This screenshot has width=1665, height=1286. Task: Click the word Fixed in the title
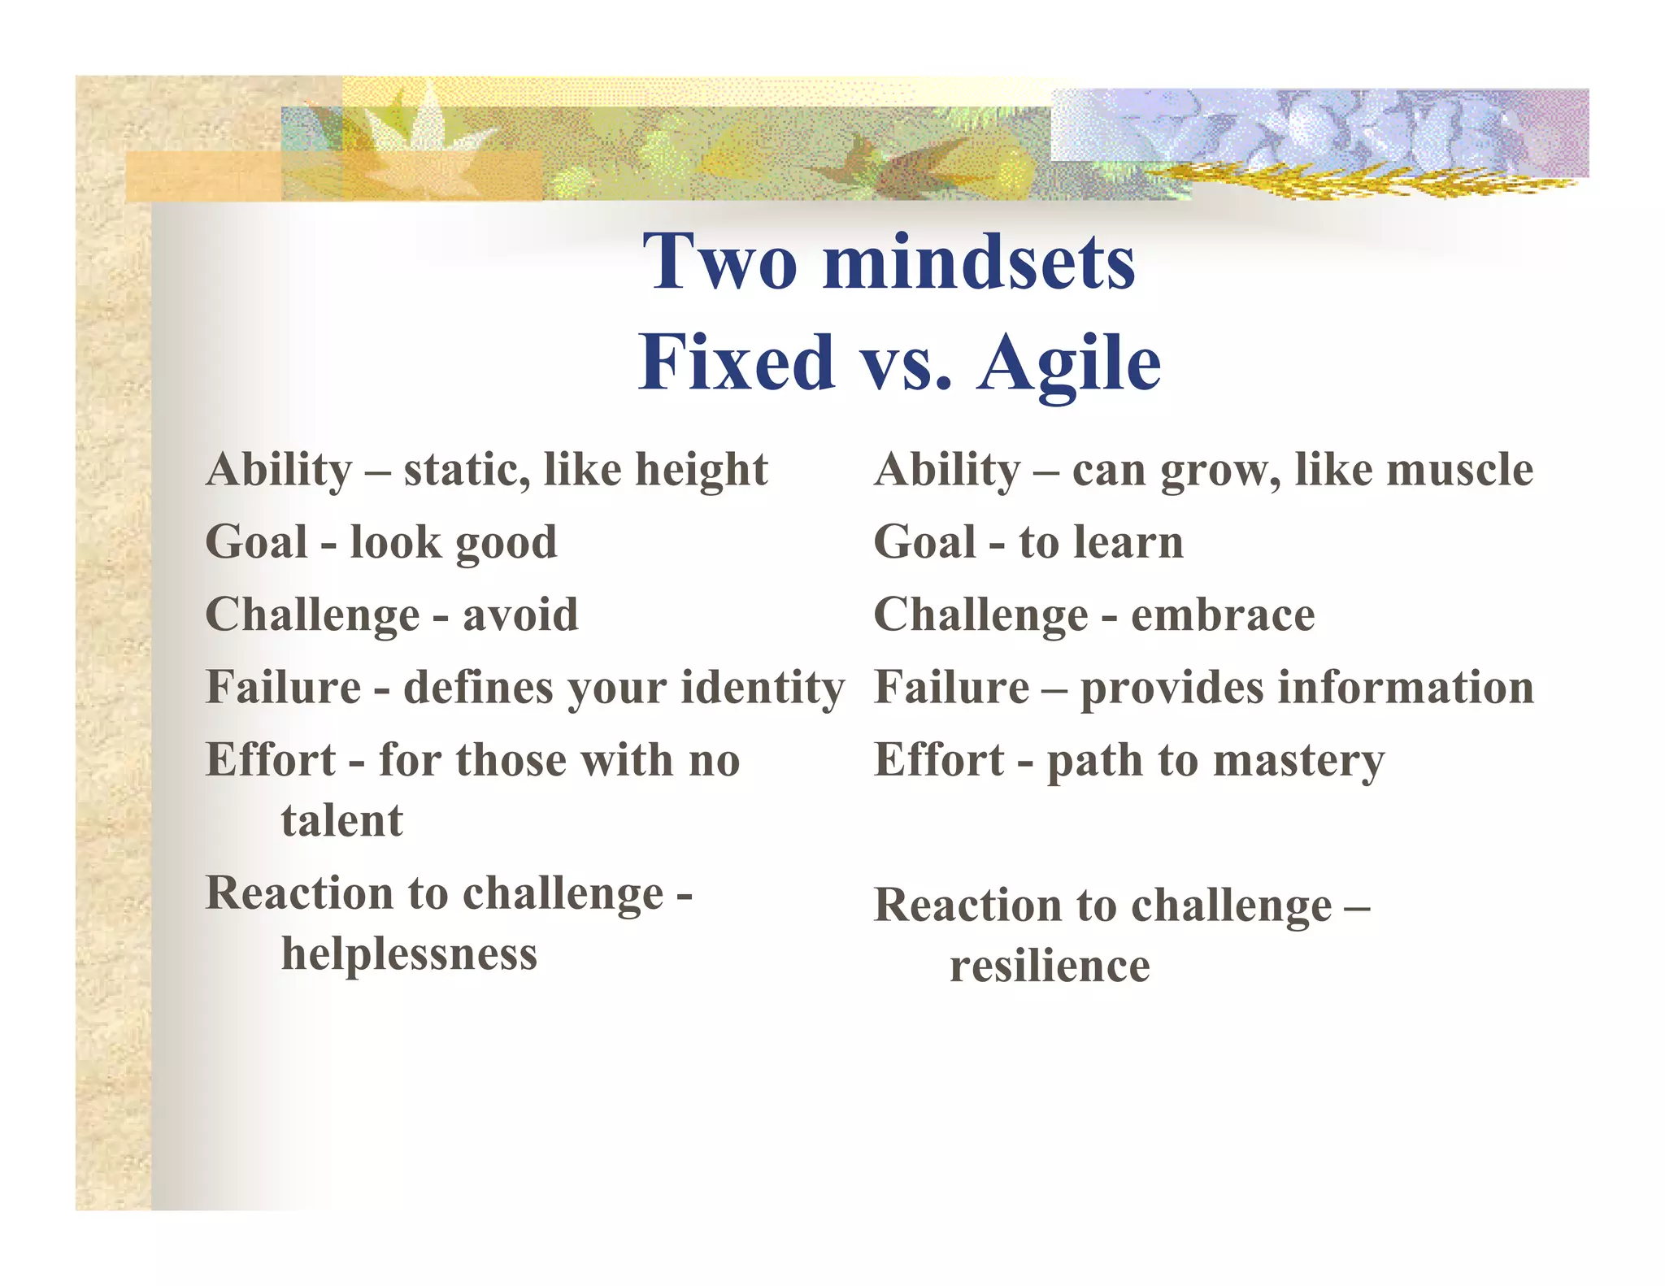736,363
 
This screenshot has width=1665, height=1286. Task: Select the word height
701,471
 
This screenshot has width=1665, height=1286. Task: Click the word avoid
520,615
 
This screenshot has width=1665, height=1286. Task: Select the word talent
341,820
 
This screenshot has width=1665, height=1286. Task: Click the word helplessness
409,954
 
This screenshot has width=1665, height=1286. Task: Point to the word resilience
1050,967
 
